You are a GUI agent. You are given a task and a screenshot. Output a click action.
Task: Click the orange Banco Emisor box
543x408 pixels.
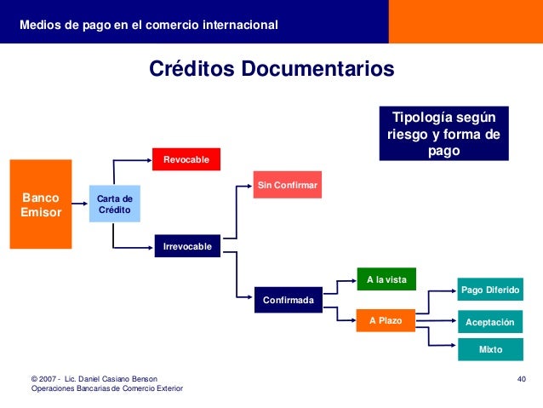pyautogui.click(x=41, y=204)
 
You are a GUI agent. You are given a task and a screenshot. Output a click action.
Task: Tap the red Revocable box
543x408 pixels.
pyautogui.click(x=186, y=159)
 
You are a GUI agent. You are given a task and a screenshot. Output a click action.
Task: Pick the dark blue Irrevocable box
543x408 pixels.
pyautogui.click(x=186, y=246)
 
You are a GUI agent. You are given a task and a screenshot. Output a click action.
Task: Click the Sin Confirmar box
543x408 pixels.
pyautogui.click(x=288, y=184)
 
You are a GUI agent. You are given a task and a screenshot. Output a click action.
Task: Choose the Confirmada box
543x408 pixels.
pyautogui.click(x=288, y=300)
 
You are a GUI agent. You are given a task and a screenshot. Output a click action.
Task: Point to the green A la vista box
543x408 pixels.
pyautogui.click(x=386, y=279)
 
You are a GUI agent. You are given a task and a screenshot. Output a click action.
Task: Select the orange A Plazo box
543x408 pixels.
pyautogui.click(x=386, y=320)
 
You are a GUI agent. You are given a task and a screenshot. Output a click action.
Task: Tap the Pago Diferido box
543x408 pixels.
pyautogui.click(x=490, y=290)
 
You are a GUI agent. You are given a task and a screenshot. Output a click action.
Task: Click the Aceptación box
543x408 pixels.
pyautogui.click(x=490, y=323)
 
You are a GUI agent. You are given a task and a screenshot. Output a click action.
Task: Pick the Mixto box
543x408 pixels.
pyautogui.click(x=490, y=349)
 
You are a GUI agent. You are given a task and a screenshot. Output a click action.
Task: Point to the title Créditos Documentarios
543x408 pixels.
pyautogui.click(x=271, y=68)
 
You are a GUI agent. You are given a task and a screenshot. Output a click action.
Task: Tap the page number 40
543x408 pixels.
pyautogui.click(x=523, y=377)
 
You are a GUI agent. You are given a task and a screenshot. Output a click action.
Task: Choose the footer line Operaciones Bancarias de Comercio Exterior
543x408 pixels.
pyautogui.click(x=106, y=388)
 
